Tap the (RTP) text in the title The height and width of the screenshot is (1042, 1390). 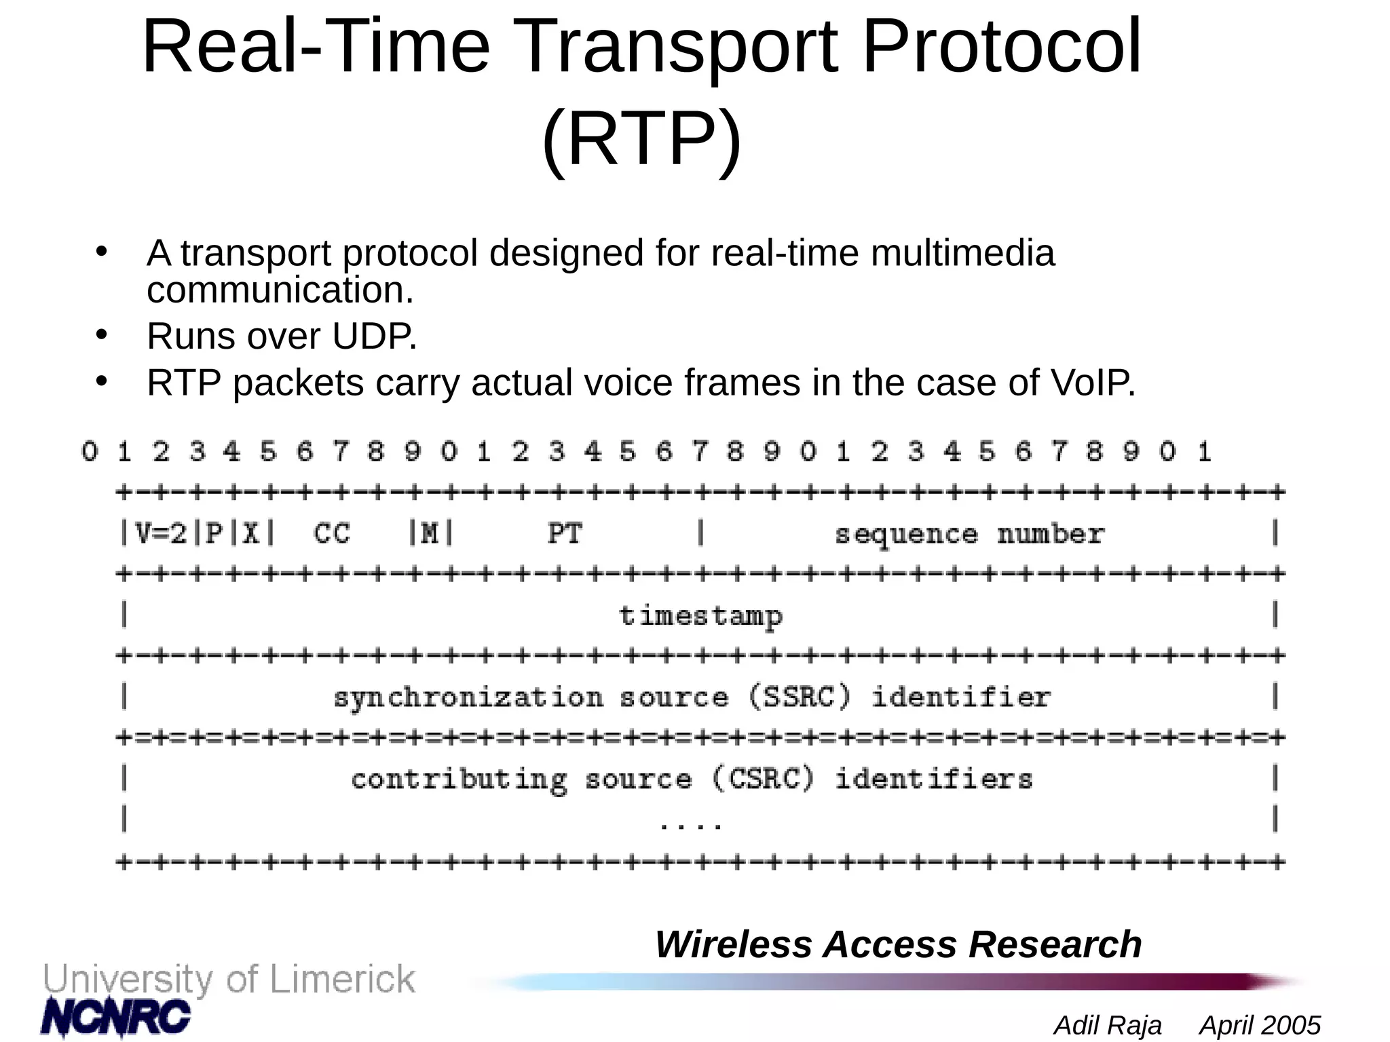pos(641,139)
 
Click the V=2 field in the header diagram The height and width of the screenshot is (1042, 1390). pos(161,534)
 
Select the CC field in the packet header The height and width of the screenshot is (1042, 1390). pos(332,534)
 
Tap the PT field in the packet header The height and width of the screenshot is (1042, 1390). pos(565,534)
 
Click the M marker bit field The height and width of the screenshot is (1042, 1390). pos(430,534)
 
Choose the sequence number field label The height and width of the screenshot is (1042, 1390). pos(969,535)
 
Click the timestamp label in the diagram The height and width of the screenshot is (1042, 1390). pos(700,616)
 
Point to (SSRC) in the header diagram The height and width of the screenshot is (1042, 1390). pos(799,697)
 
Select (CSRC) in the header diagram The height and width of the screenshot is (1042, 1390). pos(763,779)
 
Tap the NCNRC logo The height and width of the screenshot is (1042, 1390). pos(115,1016)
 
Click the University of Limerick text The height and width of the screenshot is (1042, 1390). pos(229,979)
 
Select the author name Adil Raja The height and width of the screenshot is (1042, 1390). pos(1108,1025)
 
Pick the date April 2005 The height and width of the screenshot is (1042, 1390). pos(1260,1025)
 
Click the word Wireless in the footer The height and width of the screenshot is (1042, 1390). pos(733,944)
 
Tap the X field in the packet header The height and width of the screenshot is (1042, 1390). pos(251,534)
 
